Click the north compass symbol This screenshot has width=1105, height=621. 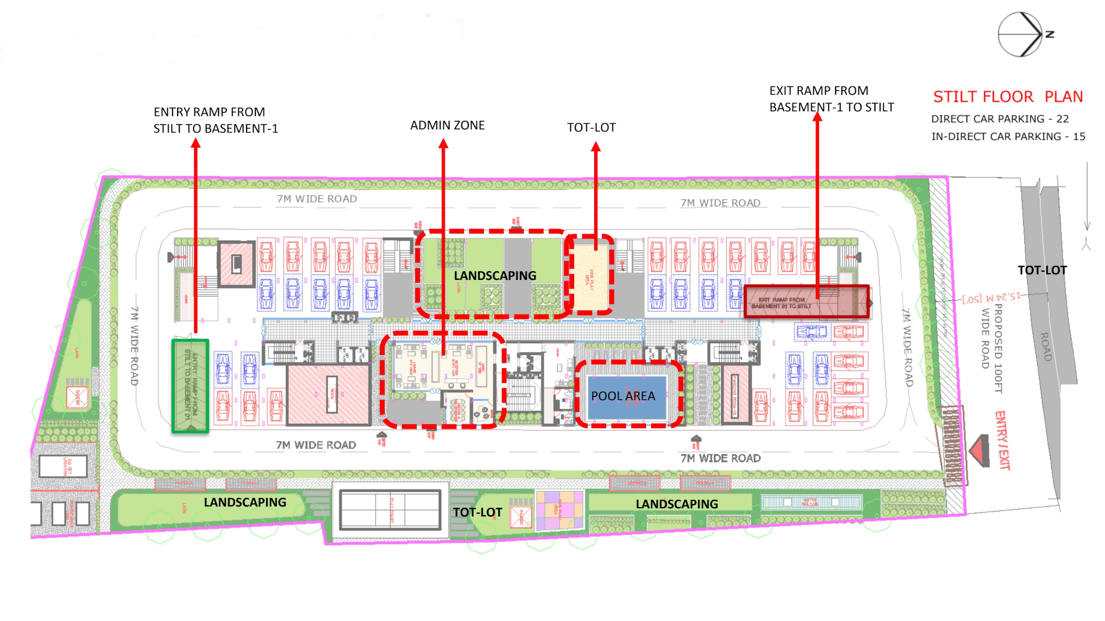coord(1020,34)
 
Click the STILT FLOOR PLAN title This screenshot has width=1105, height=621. coord(1008,97)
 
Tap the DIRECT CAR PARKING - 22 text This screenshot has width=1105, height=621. coord(999,119)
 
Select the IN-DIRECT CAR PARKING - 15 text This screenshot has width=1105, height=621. coord(1008,137)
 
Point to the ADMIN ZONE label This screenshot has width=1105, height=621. coord(447,125)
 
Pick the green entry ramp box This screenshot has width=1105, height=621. coord(190,386)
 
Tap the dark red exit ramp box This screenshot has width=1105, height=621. coord(806,301)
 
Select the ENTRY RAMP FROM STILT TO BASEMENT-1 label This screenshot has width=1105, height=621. coord(215,120)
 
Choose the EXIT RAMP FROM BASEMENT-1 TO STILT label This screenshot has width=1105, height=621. coord(831,99)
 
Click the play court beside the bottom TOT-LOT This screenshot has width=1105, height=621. coord(390,509)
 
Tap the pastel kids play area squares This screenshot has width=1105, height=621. coord(559,510)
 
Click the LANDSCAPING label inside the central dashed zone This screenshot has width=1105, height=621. coord(495,276)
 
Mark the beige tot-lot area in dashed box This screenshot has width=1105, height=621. coord(591,275)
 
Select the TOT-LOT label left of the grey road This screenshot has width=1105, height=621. coord(1042,270)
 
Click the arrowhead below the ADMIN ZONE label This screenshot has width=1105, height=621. coord(443,144)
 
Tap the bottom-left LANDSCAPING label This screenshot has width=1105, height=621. coord(245,502)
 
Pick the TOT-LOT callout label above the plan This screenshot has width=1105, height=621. coord(591,127)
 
